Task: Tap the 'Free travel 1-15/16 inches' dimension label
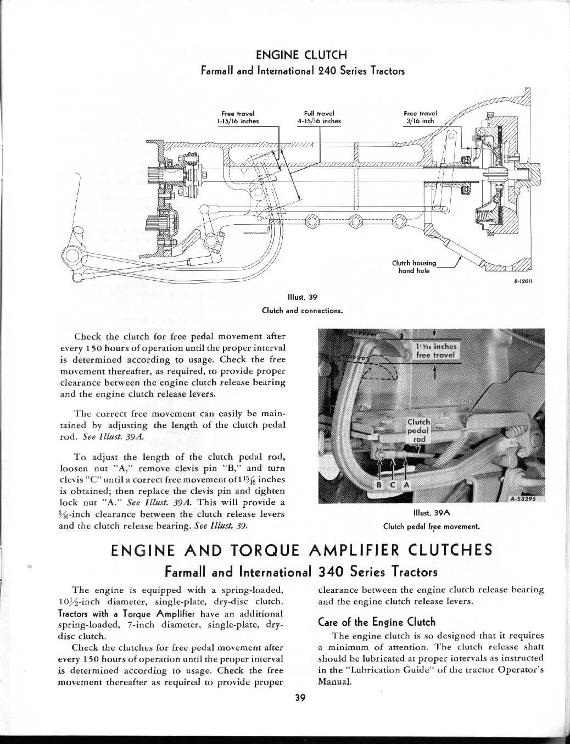[238, 118]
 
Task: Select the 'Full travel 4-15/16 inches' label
[318, 118]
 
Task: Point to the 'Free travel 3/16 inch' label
[420, 118]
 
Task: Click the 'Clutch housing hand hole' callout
[414, 266]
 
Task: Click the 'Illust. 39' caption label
[303, 298]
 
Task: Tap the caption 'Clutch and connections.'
[303, 310]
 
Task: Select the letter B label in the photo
[378, 485]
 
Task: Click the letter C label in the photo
[392, 485]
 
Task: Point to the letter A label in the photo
[406, 485]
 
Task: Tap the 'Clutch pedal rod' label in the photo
[419, 431]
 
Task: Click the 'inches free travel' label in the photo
[436, 351]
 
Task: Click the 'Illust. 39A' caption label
[431, 513]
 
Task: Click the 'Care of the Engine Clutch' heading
[377, 622]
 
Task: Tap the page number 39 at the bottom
[300, 698]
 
